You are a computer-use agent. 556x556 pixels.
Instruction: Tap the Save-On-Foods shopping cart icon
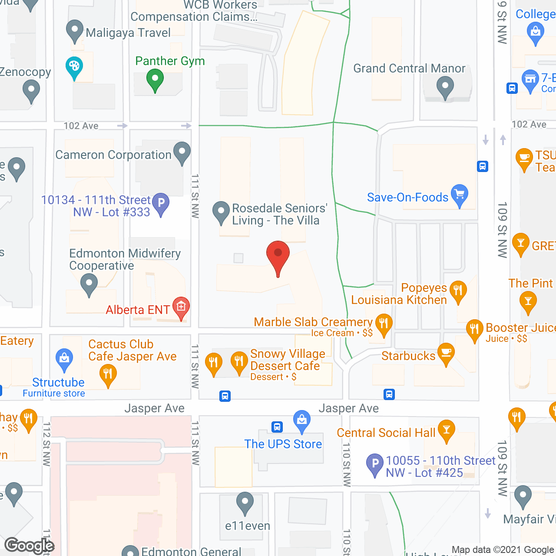point(459,194)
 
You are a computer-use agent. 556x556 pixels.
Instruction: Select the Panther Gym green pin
point(155,79)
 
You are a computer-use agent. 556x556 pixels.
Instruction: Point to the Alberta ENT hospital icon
point(181,307)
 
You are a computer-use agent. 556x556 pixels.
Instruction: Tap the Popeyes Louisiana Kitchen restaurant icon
point(458,290)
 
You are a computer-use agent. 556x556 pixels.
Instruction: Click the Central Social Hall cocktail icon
point(446,430)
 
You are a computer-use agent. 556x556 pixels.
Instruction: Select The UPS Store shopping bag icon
point(301,420)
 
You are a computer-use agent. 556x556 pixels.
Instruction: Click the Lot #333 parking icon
point(161,203)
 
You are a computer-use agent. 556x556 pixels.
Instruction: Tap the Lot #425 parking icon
point(374,463)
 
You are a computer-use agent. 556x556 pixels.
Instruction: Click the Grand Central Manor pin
point(445,86)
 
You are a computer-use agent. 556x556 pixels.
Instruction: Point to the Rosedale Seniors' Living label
point(279,214)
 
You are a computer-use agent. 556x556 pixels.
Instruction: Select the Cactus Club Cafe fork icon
point(108,374)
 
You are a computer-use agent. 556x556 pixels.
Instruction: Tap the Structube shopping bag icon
point(64,358)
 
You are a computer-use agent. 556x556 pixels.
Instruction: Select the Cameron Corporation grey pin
point(182,152)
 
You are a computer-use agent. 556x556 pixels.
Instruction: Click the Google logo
point(29,546)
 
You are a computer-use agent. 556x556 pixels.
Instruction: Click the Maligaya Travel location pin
point(75,30)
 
